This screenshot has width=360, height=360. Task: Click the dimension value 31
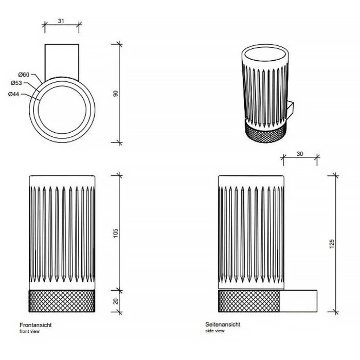pyautogui.click(x=61, y=21)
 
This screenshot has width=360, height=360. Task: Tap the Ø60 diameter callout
pyautogui.click(x=24, y=75)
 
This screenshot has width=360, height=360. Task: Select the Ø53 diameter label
pyautogui.click(x=16, y=83)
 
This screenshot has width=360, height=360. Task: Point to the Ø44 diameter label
pyautogui.click(x=13, y=94)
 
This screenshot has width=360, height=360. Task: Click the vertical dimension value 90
pyautogui.click(x=116, y=94)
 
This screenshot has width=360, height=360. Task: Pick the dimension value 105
pyautogui.click(x=116, y=233)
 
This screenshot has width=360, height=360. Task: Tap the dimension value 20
pyautogui.click(x=116, y=301)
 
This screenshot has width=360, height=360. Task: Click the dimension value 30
pyautogui.click(x=300, y=154)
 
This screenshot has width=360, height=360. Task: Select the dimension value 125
pyautogui.click(x=332, y=244)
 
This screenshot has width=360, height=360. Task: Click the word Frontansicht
pyautogui.click(x=35, y=325)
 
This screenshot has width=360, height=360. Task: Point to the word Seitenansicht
pyautogui.click(x=223, y=325)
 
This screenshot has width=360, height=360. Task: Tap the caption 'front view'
pyautogui.click(x=30, y=331)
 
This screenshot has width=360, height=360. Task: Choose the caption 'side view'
pyautogui.click(x=215, y=331)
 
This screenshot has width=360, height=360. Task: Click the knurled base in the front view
pyautogui.click(x=62, y=301)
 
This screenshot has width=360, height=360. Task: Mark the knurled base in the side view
pyautogui.click(x=249, y=301)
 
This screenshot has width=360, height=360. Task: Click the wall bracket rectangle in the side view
pyautogui.click(x=298, y=301)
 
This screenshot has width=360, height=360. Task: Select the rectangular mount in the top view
pyautogui.click(x=62, y=62)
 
